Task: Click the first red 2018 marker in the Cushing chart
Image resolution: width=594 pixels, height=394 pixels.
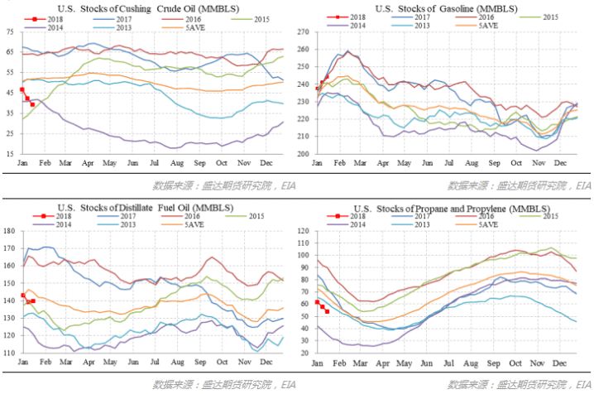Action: pyautogui.click(x=22, y=89)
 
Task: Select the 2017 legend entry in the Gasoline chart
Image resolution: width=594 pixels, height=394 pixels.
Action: pyautogui.click(x=422, y=17)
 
